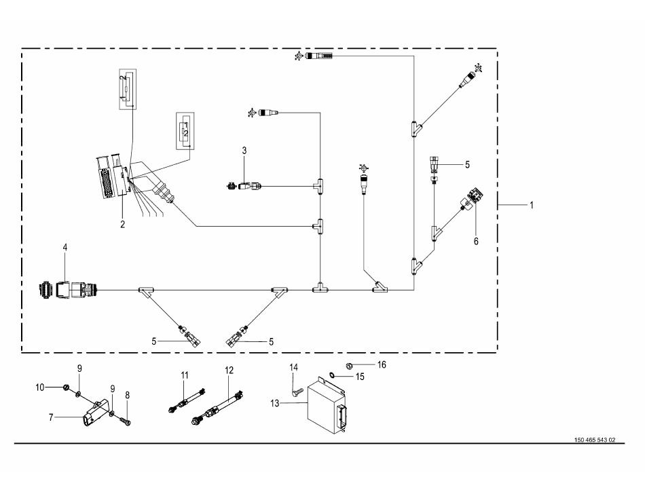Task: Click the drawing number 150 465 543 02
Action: pos(595,440)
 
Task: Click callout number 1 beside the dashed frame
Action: pos(532,205)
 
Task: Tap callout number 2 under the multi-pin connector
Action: pos(123,225)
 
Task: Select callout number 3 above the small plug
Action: pos(244,151)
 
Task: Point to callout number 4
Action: pos(65,247)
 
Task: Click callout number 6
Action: pos(476,242)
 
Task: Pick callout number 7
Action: pos(51,417)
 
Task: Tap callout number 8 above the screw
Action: pos(128,395)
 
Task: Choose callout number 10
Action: pos(40,387)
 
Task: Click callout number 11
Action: pos(185,375)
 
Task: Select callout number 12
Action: pos(229,371)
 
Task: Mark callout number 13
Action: pos(275,403)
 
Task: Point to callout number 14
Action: pos(294,367)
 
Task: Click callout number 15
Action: pos(360,377)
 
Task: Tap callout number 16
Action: pos(382,364)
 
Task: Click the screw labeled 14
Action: pos(297,392)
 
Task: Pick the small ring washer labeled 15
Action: pos(332,375)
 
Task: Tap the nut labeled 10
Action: pos(65,387)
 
